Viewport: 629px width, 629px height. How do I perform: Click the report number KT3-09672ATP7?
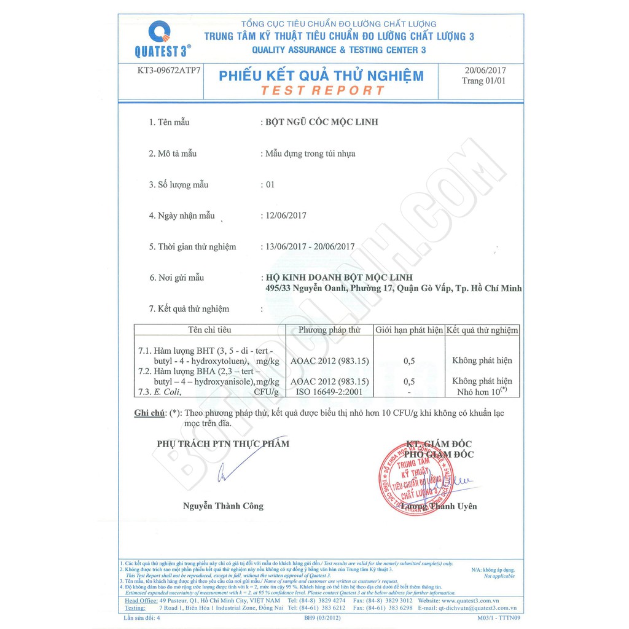tap(169, 71)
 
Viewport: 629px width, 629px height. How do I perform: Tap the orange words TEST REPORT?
tap(322, 90)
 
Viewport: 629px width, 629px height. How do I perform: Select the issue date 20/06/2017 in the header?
tap(485, 71)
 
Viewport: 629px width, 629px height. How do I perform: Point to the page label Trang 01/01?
tap(484, 81)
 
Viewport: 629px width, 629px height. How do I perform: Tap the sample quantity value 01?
tap(270, 184)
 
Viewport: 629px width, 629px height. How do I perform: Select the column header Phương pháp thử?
tap(329, 330)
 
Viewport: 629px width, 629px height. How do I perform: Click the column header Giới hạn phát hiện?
tap(409, 330)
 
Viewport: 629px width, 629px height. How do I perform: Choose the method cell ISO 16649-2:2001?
tap(329, 391)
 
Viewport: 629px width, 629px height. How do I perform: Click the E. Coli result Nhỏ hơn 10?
tap(482, 391)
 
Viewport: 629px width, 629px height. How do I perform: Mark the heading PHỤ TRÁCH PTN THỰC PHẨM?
tap(222, 443)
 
